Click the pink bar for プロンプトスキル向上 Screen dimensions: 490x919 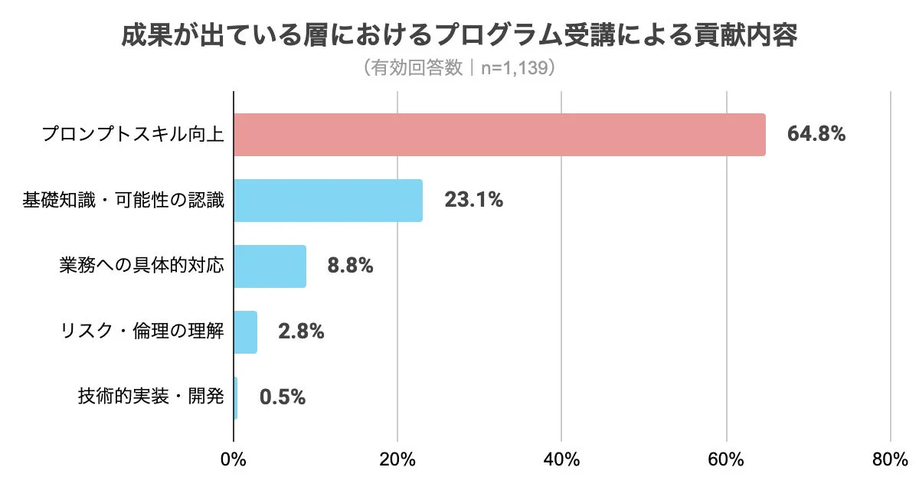pyautogui.click(x=499, y=135)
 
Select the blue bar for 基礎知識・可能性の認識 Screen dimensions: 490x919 pyautogui.click(x=328, y=201)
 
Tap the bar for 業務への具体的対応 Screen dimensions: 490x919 pyautogui.click(x=270, y=266)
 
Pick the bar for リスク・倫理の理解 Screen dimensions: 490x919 pyautogui.click(x=245, y=332)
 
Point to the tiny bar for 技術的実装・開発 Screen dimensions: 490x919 pyautogui.click(x=235, y=398)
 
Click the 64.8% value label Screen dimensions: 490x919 pyautogui.click(x=816, y=135)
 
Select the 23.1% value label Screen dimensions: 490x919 pyautogui.click(x=473, y=201)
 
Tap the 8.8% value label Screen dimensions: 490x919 pyautogui.click(x=350, y=266)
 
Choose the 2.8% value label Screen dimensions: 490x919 pyautogui.click(x=301, y=332)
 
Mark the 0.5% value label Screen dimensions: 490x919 pyautogui.click(x=283, y=398)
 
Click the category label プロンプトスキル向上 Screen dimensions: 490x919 pyautogui.click(x=132, y=135)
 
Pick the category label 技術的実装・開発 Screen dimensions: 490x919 pyautogui.click(x=151, y=398)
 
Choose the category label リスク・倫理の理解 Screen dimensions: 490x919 pyautogui.click(x=142, y=332)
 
